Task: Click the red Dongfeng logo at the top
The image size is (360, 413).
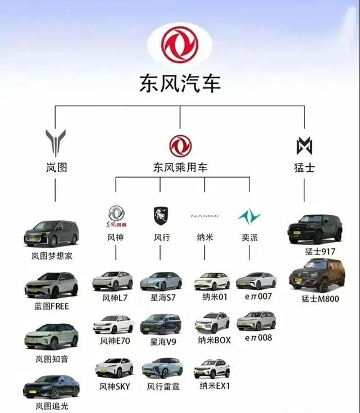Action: click(x=180, y=44)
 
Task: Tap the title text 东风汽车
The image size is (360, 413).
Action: click(x=180, y=83)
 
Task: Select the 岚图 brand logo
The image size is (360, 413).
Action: click(x=55, y=143)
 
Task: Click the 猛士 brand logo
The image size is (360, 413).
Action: click(x=304, y=146)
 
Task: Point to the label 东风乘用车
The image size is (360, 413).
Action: click(x=180, y=167)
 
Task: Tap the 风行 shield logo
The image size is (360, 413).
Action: click(x=161, y=216)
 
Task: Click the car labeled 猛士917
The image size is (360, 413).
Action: click(x=315, y=229)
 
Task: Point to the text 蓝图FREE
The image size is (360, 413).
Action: click(x=52, y=306)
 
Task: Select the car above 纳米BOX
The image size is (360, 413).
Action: click(x=212, y=323)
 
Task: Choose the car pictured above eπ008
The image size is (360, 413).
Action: click(x=256, y=320)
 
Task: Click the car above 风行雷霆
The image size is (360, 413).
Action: click(x=162, y=367)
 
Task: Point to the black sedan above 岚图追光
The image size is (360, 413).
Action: click(x=52, y=387)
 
